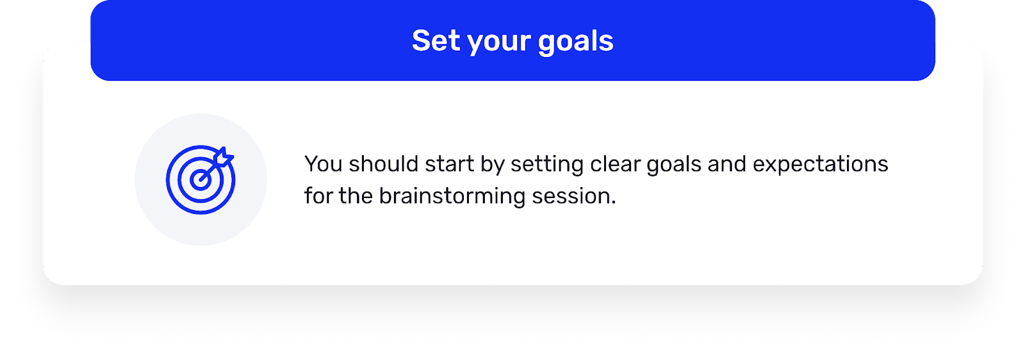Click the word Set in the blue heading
436,41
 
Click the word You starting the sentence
324,164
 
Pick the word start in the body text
449,164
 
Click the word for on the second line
318,196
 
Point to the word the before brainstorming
356,196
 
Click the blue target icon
201,179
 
